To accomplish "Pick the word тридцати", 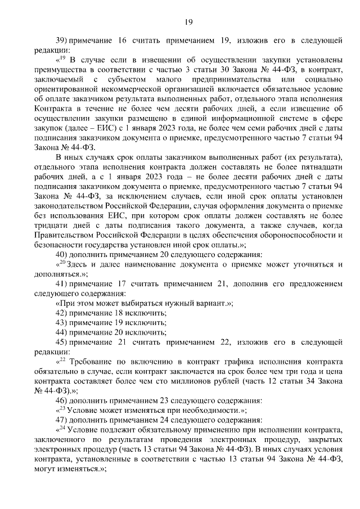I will coord(51,226).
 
